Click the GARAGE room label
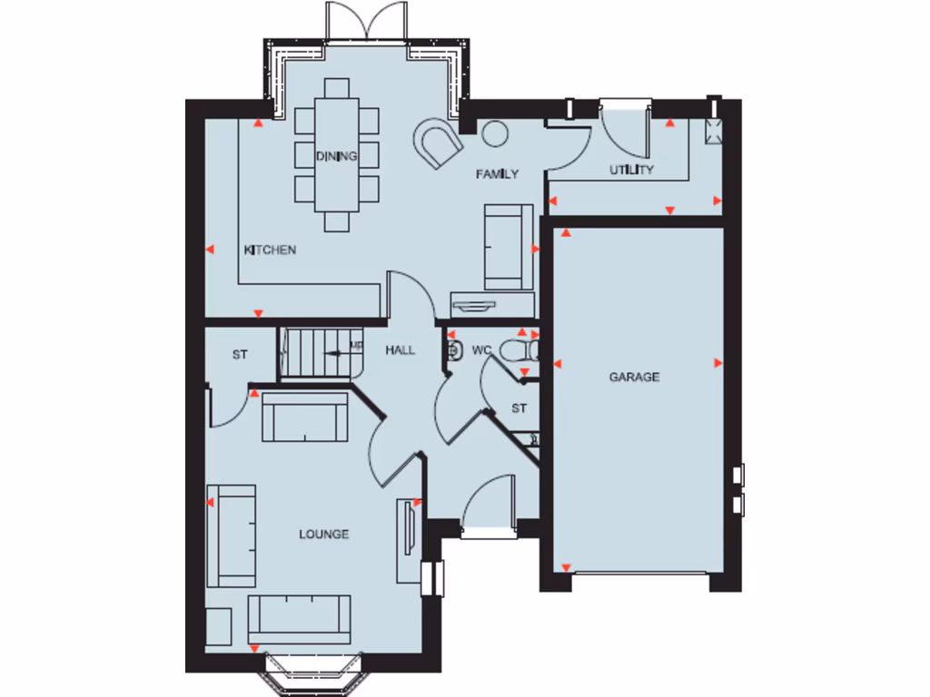[634, 377]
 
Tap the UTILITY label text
[631, 170]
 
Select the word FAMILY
[498, 174]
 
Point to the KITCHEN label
[270, 250]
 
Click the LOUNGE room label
[324, 535]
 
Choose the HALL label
[400, 350]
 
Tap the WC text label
[480, 350]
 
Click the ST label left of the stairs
[239, 355]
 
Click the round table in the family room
[494, 133]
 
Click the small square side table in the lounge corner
[219, 627]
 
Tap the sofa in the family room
[508, 246]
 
